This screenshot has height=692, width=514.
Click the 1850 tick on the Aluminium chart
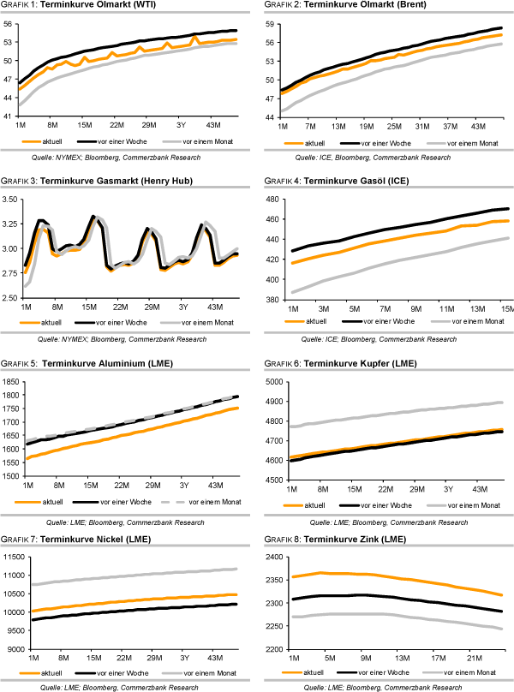click(x=10, y=381)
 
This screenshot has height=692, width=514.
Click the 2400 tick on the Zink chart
click(x=271, y=558)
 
